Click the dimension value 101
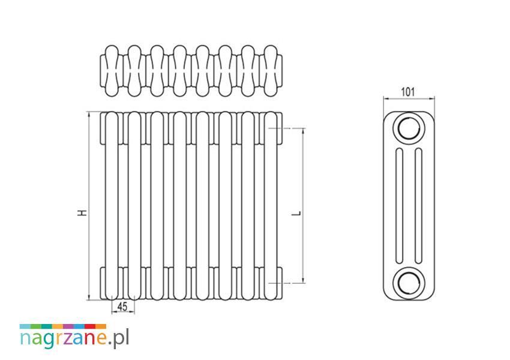[408, 92]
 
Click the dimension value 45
[122, 307]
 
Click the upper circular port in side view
[409, 128]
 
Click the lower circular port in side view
[409, 283]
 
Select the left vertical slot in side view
[399, 206]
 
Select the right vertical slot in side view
[419, 206]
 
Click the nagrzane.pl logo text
[74, 338]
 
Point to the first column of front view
[112, 206]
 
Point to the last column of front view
[270, 206]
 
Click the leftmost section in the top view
[112, 71]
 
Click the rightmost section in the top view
[271, 71]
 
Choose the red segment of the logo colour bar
[90, 326]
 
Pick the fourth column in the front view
[179, 206]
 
